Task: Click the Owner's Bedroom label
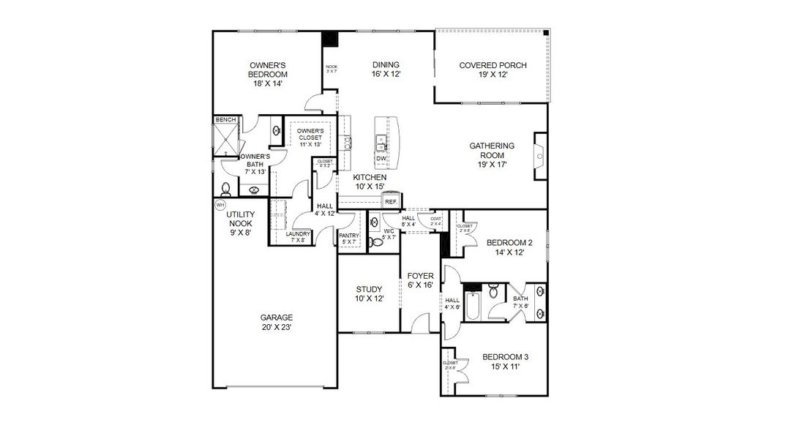(x=267, y=75)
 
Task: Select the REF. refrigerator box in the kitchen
(x=391, y=201)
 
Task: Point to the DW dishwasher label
(x=381, y=159)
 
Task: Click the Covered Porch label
(x=492, y=70)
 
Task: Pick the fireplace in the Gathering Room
(x=540, y=155)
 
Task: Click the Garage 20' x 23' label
(x=276, y=322)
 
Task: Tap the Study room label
(x=370, y=293)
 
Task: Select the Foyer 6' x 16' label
(x=420, y=280)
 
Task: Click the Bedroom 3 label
(x=505, y=362)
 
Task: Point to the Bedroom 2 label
(x=509, y=247)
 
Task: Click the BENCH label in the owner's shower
(x=225, y=119)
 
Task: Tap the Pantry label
(x=349, y=238)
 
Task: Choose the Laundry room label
(x=299, y=236)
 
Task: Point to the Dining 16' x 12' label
(x=385, y=70)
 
